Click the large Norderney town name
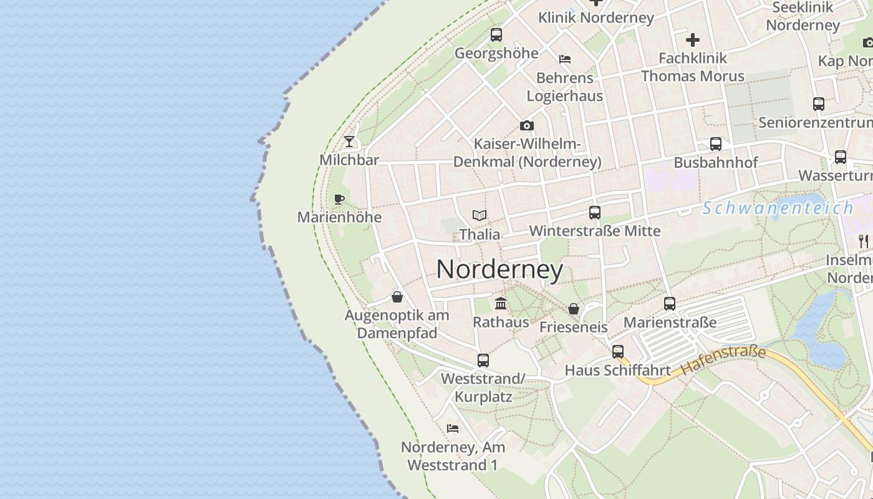(x=499, y=269)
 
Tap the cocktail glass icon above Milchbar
(x=349, y=142)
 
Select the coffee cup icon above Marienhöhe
(x=339, y=199)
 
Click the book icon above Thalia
(x=480, y=216)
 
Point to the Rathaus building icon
(x=501, y=304)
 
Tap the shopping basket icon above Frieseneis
(x=574, y=309)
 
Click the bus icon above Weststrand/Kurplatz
(x=483, y=360)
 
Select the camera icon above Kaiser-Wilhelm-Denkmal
(x=527, y=125)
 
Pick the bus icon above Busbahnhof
(x=716, y=144)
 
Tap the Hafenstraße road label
(x=723, y=361)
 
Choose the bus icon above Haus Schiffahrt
(x=618, y=352)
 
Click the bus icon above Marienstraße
(x=670, y=304)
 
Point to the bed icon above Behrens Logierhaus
(x=565, y=59)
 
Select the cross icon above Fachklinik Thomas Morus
(x=693, y=41)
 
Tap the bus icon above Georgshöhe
(x=496, y=35)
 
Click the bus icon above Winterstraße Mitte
(x=595, y=213)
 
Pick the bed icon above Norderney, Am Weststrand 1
(x=453, y=429)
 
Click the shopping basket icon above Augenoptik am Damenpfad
(x=397, y=297)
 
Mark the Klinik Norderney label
(x=596, y=17)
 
